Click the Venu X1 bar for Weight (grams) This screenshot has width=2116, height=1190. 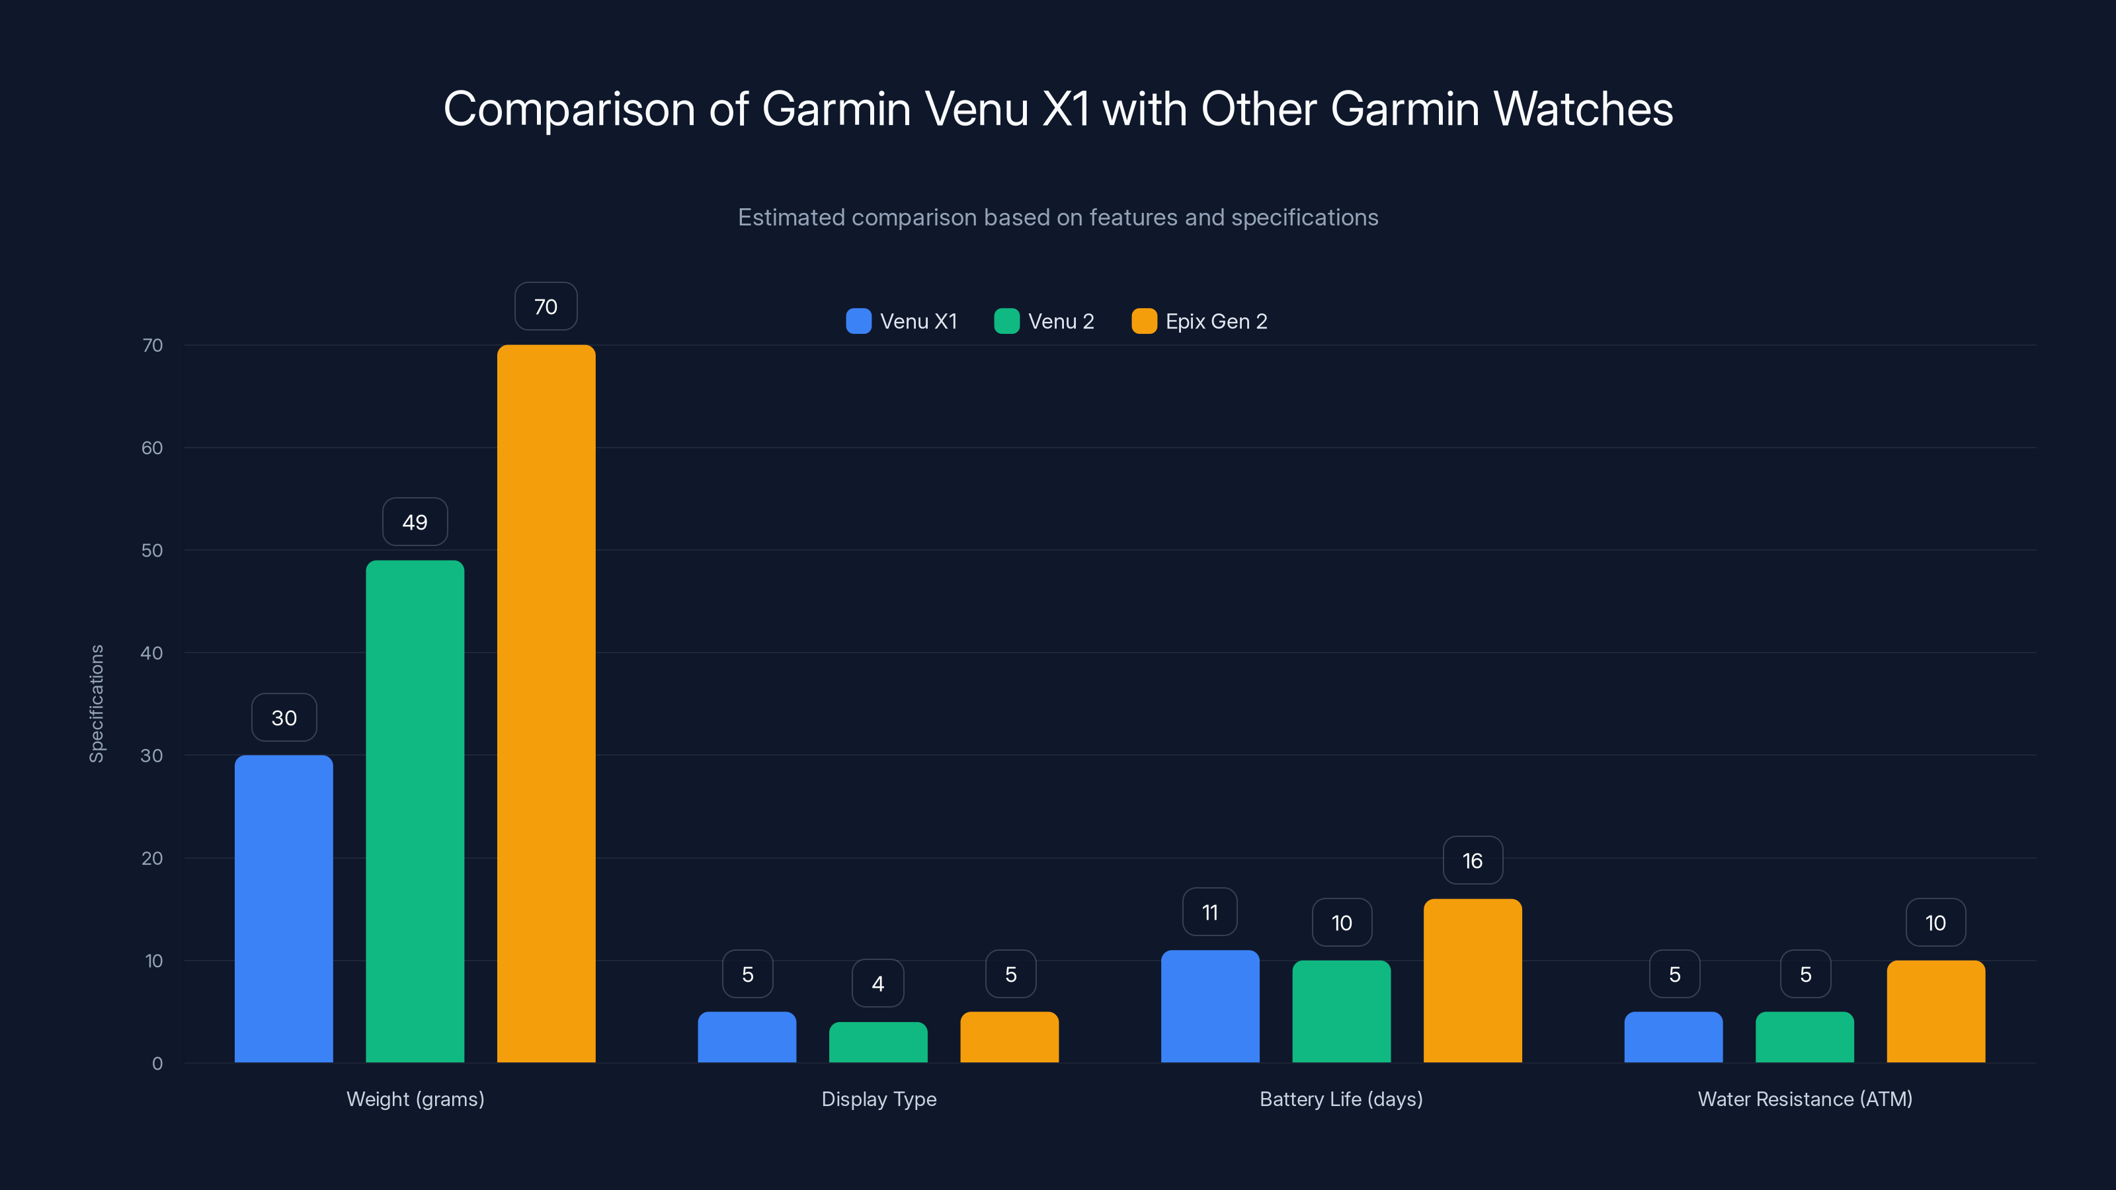[x=284, y=908]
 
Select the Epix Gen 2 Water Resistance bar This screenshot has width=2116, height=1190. [x=1935, y=1011]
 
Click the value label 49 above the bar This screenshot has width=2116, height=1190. [x=415, y=522]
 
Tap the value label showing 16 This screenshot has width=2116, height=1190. [x=1472, y=861]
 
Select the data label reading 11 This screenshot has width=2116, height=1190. [x=1209, y=912]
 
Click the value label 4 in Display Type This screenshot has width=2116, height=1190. [x=878, y=984]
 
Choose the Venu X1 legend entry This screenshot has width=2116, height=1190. [x=902, y=321]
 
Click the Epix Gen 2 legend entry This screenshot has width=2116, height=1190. [x=1200, y=321]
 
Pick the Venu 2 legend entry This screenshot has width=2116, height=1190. [x=1044, y=321]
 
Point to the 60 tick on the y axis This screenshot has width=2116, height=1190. [x=152, y=448]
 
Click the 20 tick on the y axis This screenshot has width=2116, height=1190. [x=152, y=858]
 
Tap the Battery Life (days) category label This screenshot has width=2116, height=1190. [x=1340, y=1099]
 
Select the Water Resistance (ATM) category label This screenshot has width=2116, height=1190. [x=1805, y=1099]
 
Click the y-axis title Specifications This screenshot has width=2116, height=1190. [x=97, y=704]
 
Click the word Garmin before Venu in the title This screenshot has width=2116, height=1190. [x=836, y=109]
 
